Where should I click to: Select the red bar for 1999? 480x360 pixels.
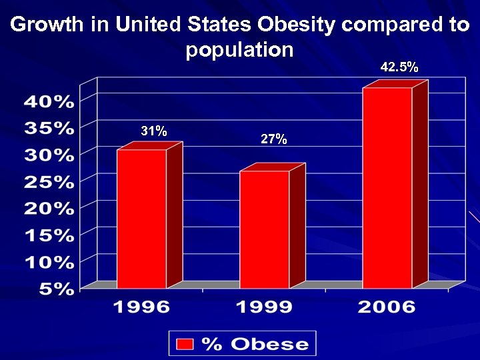pyautogui.click(x=265, y=229)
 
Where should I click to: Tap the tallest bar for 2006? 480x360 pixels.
pyautogui.click(x=387, y=187)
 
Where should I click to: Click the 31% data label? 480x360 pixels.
pyautogui.click(x=154, y=131)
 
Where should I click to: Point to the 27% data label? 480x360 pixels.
pyautogui.click(x=274, y=139)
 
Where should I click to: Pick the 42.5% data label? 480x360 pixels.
pyautogui.click(x=399, y=67)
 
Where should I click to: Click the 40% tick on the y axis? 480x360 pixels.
pyautogui.click(x=49, y=102)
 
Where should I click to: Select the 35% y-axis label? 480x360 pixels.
pyautogui.click(x=49, y=128)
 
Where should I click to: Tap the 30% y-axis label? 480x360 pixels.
pyautogui.click(x=49, y=155)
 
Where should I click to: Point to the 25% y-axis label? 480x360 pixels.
pyautogui.click(x=49, y=182)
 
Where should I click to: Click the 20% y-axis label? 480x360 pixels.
pyautogui.click(x=49, y=209)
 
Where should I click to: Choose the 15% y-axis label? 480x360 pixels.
pyautogui.click(x=49, y=235)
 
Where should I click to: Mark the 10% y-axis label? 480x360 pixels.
pyautogui.click(x=49, y=262)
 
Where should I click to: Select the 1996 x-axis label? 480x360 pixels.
pyautogui.click(x=141, y=307)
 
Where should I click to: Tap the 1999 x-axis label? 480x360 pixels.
pyautogui.click(x=265, y=307)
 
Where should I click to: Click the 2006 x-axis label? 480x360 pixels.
pyautogui.click(x=387, y=307)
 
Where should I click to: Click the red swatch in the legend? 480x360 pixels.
pyautogui.click(x=185, y=344)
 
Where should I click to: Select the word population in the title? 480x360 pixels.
pyautogui.click(x=240, y=49)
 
